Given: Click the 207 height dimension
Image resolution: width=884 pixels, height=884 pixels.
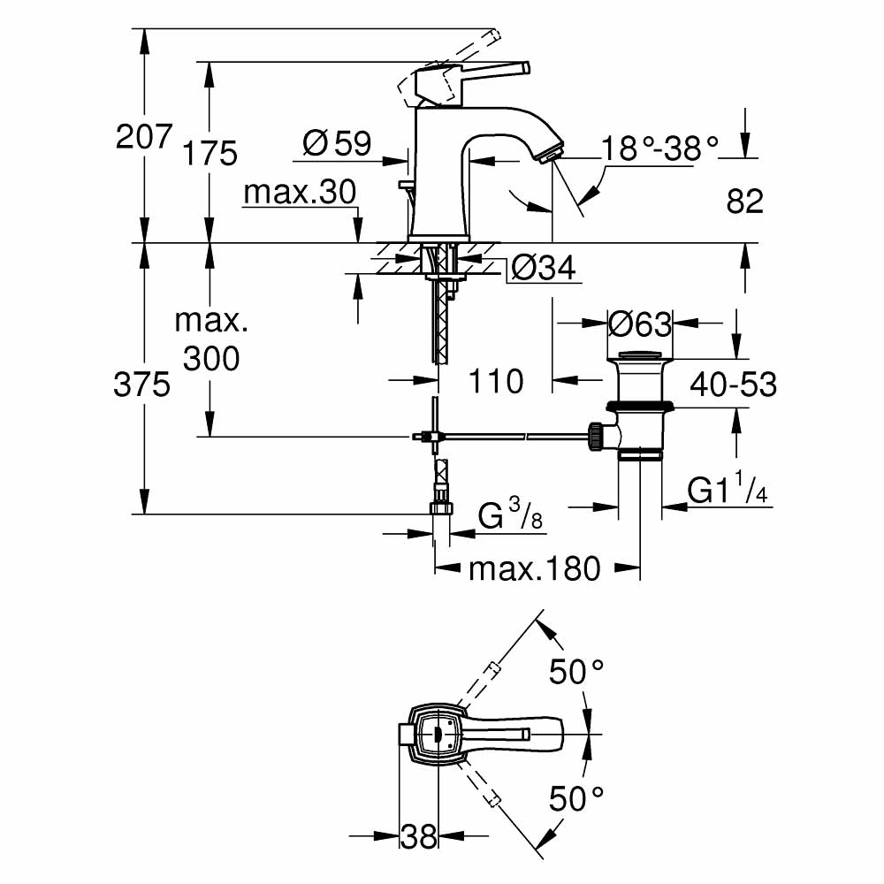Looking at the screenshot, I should [142, 137].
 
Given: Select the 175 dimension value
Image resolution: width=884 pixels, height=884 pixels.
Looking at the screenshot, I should [210, 154].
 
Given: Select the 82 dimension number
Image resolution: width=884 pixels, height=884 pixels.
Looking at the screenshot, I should [744, 202].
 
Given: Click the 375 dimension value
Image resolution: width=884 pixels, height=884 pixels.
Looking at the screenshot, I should [142, 385].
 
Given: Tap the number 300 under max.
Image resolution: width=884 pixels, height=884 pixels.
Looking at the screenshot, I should [210, 358].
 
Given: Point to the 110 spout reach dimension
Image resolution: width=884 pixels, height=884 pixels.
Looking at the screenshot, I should [495, 382].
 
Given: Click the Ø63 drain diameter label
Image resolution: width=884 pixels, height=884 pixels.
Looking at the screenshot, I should [641, 324].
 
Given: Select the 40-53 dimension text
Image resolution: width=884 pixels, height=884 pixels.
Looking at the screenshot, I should [734, 384].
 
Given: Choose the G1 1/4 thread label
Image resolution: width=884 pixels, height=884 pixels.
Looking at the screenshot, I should [728, 491].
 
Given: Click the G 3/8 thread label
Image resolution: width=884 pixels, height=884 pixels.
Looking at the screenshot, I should [510, 517].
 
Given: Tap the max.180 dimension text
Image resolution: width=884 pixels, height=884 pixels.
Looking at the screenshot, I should [534, 568].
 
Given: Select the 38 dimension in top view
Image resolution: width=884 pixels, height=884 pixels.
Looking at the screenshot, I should [419, 835].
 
